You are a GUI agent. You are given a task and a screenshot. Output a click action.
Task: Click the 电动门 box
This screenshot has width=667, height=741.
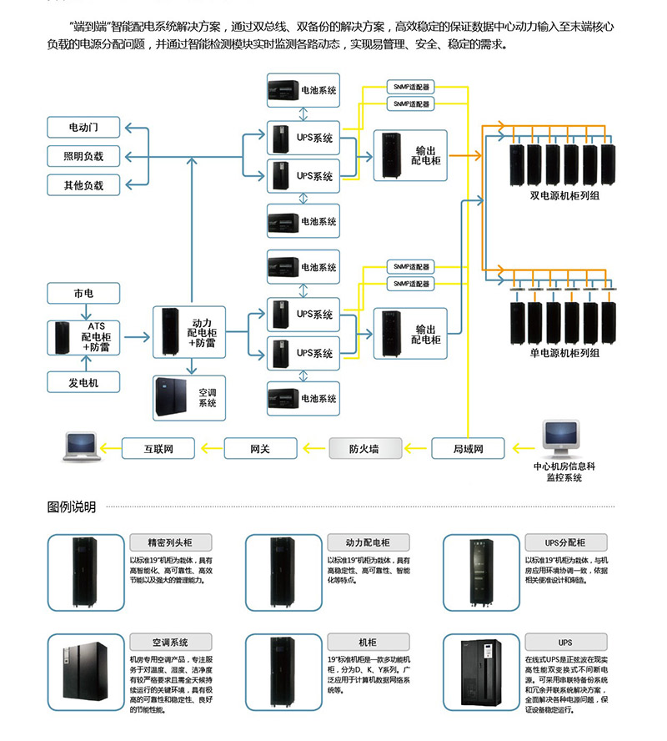point(83,128)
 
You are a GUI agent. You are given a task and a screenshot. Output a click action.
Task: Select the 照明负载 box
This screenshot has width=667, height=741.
point(83,156)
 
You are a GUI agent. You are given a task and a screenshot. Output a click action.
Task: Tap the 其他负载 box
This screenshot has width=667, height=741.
point(83,184)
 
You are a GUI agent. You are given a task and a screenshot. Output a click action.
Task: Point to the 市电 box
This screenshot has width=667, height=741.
point(83,294)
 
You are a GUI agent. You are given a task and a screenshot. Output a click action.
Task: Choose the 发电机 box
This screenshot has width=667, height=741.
point(83,382)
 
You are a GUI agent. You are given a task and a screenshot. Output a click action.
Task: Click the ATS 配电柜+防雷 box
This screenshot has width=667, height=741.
point(83,337)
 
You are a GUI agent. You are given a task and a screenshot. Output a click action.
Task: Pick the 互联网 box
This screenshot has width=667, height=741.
point(158,448)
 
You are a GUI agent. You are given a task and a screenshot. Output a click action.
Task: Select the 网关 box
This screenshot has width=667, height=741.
point(260,448)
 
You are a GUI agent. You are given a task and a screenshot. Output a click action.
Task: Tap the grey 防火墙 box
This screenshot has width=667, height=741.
point(364,448)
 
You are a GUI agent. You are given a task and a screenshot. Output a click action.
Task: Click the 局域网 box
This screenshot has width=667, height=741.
point(468,448)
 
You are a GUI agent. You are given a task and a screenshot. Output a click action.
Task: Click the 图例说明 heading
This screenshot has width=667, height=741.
point(72,507)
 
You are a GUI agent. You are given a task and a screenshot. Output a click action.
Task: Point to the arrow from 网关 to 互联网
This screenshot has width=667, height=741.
point(209,448)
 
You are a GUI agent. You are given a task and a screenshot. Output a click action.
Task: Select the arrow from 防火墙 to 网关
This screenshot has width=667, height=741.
point(313,448)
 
